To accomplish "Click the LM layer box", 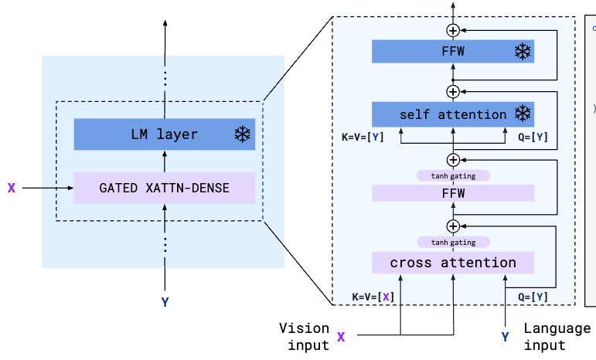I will tap(164, 134).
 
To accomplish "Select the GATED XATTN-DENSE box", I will tap(164, 188).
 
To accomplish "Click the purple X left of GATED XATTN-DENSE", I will tap(12, 188).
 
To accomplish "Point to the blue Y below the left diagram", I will tap(165, 302).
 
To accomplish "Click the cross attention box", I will tap(452, 263).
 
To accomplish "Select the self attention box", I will tap(452, 114).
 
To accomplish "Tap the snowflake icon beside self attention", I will tap(523, 114).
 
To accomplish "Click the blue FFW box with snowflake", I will tap(452, 52).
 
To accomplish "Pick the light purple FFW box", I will tap(452, 193).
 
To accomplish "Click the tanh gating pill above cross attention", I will tap(453, 242).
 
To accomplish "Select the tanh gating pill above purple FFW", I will tap(453, 176).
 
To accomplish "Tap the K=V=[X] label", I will tap(373, 297).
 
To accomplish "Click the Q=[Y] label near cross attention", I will tap(531, 297).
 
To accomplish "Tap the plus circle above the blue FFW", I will tap(453, 29).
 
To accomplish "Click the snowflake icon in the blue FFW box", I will tap(523, 52).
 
